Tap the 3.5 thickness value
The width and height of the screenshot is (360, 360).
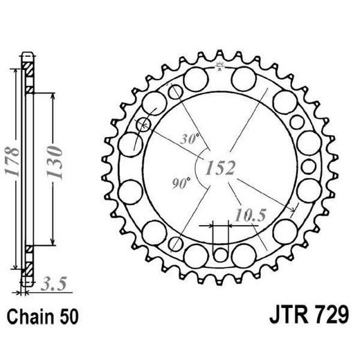click(55, 282)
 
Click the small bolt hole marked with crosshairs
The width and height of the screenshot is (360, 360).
click(145, 125)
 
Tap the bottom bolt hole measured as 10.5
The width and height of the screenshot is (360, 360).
click(219, 253)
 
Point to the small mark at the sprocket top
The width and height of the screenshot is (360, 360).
click(220, 66)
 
